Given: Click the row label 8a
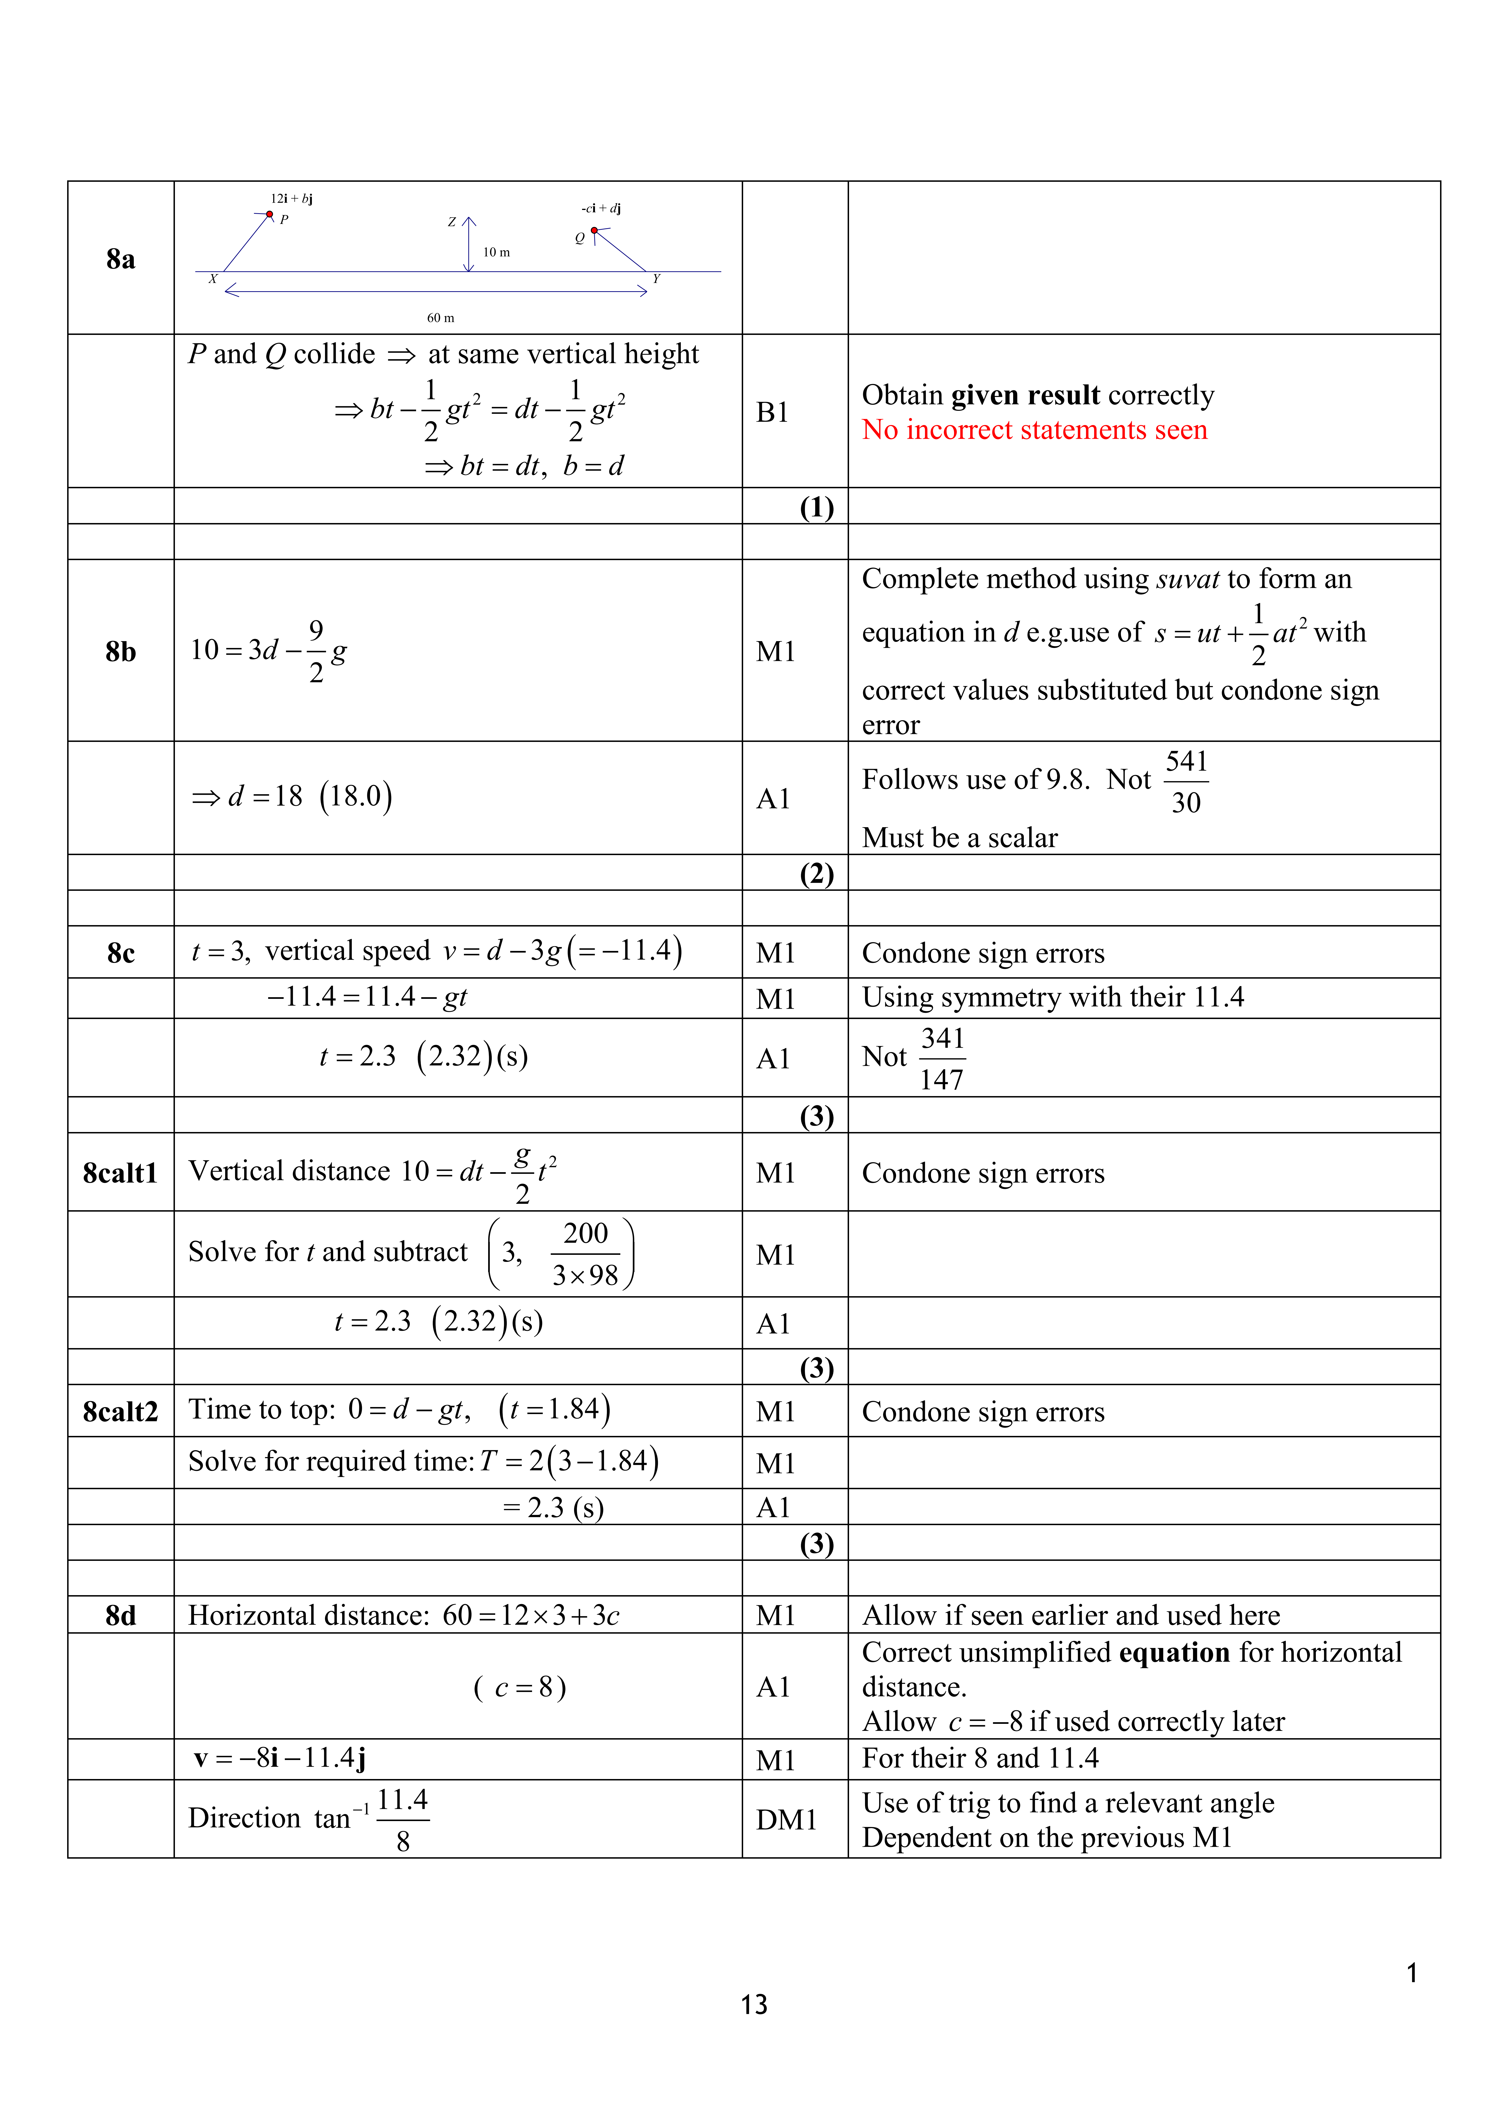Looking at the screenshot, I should coord(120,259).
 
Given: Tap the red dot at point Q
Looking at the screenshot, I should coord(594,231).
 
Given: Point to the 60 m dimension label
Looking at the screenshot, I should coord(441,318).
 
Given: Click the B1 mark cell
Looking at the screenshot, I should coord(772,412).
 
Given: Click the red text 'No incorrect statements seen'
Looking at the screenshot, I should coord(1034,430).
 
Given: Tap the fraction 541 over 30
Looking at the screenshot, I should coord(1186,782).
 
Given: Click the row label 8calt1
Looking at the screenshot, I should coord(120,1173).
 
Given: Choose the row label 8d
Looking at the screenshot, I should coord(120,1616).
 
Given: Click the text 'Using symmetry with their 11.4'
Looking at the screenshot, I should coord(1052,998).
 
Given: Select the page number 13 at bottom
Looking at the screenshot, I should coord(754,2004).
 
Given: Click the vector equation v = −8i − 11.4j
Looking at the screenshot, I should coord(280,1758).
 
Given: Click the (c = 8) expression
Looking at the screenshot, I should coord(520,1687).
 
